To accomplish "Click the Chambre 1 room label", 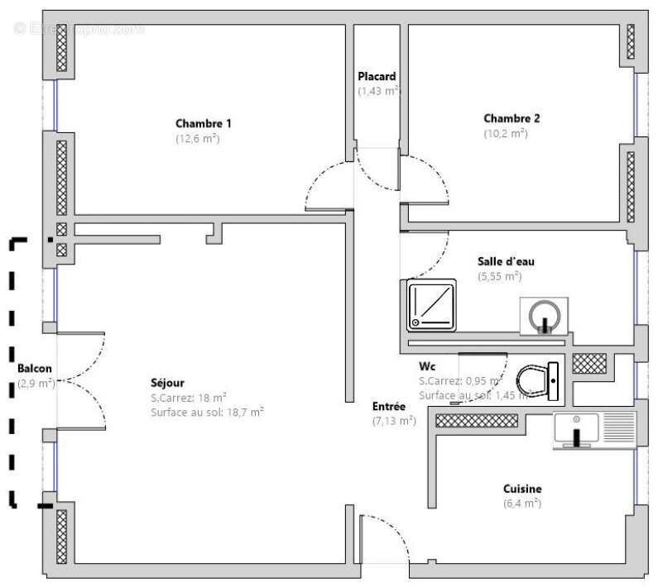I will click(x=203, y=123).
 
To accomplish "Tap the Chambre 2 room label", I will click(x=512, y=117).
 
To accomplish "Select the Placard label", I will click(x=377, y=76).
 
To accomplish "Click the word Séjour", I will click(x=167, y=383).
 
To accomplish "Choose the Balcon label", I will click(x=35, y=369).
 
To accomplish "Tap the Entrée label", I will click(x=388, y=406).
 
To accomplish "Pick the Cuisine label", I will click(x=521, y=489).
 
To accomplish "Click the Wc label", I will click(x=427, y=365).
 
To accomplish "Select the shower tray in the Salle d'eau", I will click(x=432, y=305).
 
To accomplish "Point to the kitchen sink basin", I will click(x=575, y=429).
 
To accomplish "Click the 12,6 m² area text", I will click(x=197, y=138).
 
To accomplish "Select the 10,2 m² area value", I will click(x=505, y=132).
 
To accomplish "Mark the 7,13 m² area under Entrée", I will click(x=394, y=421).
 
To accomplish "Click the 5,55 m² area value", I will click(x=499, y=276).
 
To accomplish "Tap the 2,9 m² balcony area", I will click(x=36, y=384).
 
